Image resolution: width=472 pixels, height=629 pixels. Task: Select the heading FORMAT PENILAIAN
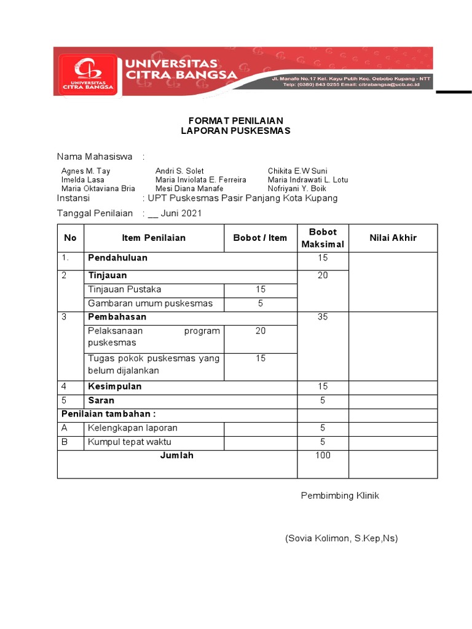click(x=235, y=120)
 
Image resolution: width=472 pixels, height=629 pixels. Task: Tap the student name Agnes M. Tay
click(x=86, y=171)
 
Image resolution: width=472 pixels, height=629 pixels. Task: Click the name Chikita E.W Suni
click(x=297, y=171)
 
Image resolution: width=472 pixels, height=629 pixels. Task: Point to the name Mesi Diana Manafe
click(x=189, y=189)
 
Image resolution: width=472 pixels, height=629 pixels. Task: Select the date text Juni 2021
click(x=181, y=214)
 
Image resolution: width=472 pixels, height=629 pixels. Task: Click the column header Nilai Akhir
click(x=393, y=238)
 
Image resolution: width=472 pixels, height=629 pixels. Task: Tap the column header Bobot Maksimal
click(x=323, y=238)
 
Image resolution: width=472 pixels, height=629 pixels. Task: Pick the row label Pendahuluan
click(x=117, y=258)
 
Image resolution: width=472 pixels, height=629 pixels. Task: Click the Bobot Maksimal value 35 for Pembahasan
click(x=323, y=317)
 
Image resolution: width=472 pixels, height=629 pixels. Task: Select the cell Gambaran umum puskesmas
click(x=150, y=303)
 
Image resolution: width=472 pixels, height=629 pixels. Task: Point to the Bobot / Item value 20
click(x=261, y=331)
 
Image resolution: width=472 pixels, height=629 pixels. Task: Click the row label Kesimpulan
click(x=115, y=386)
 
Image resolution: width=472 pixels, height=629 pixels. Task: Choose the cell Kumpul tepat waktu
click(x=130, y=442)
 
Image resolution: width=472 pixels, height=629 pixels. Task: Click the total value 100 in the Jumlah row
click(x=323, y=455)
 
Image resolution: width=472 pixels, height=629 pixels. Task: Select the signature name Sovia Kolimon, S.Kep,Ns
click(x=341, y=539)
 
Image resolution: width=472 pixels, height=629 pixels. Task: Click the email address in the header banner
click(x=390, y=85)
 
